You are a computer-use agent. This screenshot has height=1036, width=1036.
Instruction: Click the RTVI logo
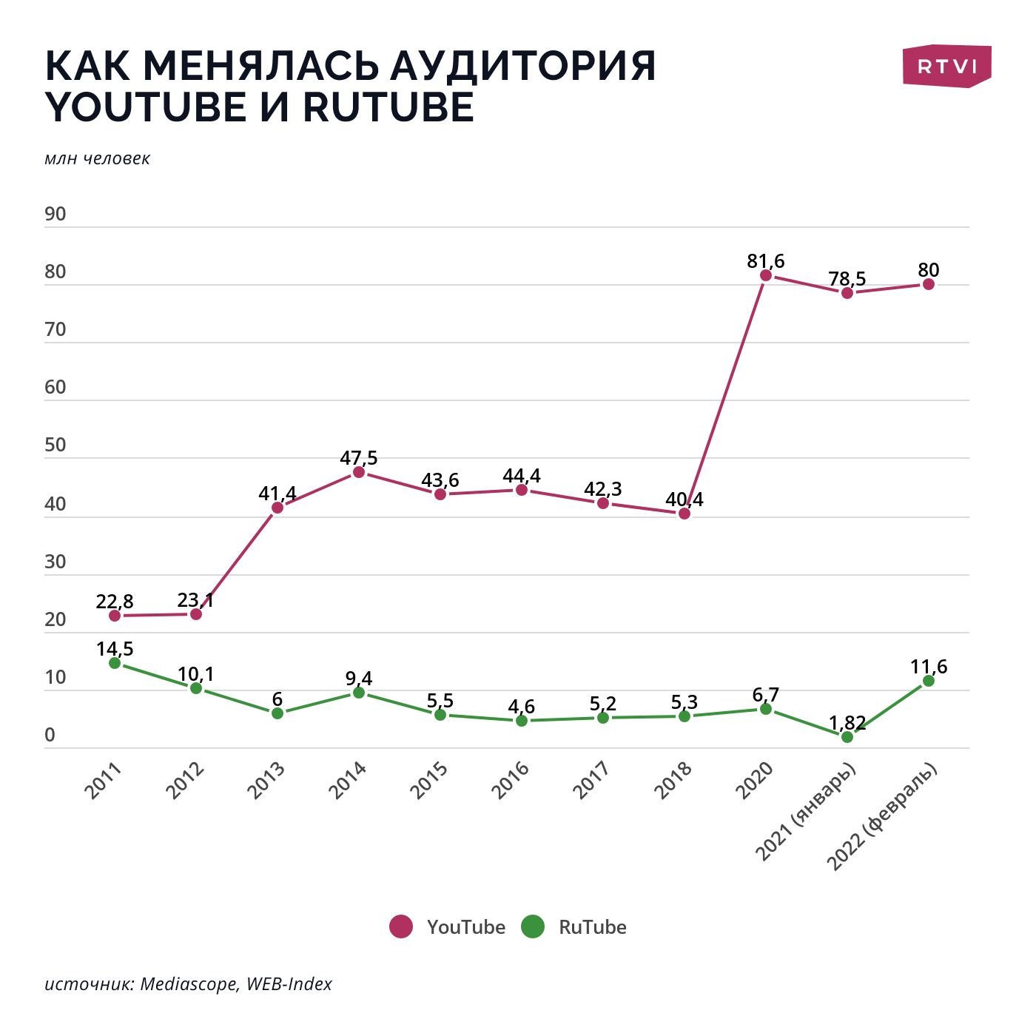pos(946,67)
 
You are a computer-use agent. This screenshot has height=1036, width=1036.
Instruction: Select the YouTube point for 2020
pos(766,275)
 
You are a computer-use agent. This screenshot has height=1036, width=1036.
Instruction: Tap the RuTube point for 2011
pos(115,663)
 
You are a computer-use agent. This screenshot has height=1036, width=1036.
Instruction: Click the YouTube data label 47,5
pos(359,458)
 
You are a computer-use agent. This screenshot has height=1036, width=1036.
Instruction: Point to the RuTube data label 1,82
pos(847,723)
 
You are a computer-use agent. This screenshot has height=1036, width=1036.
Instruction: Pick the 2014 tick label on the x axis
pos(348,780)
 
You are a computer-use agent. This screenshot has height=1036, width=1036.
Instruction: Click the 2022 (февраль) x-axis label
pos(882,817)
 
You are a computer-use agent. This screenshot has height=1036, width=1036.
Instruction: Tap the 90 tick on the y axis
pos(55,215)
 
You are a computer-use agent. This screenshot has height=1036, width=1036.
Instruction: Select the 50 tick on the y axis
pos(55,445)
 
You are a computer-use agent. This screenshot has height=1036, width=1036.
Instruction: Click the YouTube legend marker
pos(401,926)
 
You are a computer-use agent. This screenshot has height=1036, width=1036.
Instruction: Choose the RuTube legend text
pos(592,927)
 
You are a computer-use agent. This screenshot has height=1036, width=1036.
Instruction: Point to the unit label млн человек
pos(97,159)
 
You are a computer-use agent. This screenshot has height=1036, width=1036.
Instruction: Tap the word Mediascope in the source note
pos(189,984)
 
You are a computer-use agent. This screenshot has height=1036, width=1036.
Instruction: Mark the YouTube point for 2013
pos(277,508)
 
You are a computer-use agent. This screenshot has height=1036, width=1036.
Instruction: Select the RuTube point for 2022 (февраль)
pos(929,681)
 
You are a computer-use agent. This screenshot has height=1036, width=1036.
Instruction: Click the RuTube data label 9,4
pos(359,679)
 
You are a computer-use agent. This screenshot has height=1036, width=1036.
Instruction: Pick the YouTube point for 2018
pos(684,514)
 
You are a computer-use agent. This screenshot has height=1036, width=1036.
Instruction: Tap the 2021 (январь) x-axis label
pos(806,812)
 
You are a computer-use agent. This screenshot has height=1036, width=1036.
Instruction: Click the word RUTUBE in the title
pos(388,108)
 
